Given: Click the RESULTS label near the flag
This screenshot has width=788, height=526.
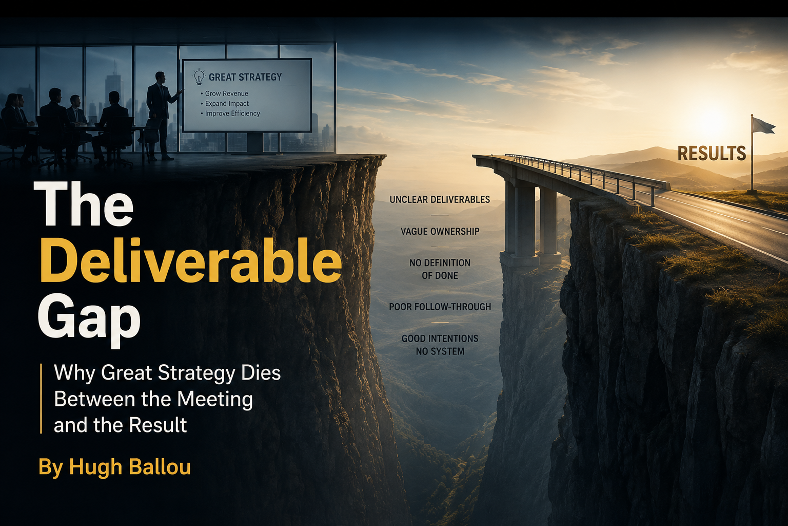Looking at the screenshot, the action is coord(712,153).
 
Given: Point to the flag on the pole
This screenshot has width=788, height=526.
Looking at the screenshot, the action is coord(763,125).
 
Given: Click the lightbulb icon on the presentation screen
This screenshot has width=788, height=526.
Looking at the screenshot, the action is coord(199,77).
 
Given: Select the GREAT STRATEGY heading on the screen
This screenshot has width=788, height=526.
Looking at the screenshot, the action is coord(245,77).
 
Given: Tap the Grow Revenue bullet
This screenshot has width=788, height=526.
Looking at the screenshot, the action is coord(224,93).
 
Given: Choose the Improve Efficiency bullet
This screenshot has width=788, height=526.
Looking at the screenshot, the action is coord(230,114).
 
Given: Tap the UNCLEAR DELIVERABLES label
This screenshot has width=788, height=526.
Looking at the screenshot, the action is coord(440,199).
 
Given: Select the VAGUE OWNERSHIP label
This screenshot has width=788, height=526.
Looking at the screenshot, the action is coord(440,231).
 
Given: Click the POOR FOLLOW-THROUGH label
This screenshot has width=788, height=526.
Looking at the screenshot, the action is coord(440,307).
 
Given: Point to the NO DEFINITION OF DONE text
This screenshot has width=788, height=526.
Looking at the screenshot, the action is coord(440,269).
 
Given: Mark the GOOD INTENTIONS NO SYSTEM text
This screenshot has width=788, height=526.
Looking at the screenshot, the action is coord(440,345).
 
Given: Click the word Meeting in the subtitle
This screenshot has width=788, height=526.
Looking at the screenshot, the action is coord(215,399).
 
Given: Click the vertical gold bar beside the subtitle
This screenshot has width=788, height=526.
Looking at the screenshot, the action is coord(41,399).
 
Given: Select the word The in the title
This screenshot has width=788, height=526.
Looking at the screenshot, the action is coord(84,204).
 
